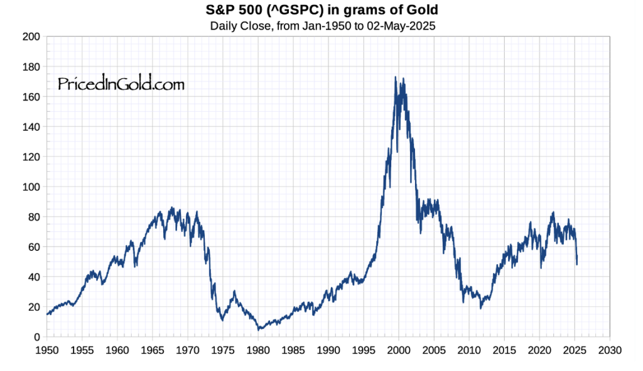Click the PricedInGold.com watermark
[x=121, y=83]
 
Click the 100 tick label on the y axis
[x=31, y=187]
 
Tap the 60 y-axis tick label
[x=34, y=247]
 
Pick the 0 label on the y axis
[x=37, y=337]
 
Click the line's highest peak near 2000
[x=395, y=77]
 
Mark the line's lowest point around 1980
[x=258, y=329]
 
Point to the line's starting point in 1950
[x=47, y=314]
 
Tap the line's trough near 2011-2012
[x=480, y=307]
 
